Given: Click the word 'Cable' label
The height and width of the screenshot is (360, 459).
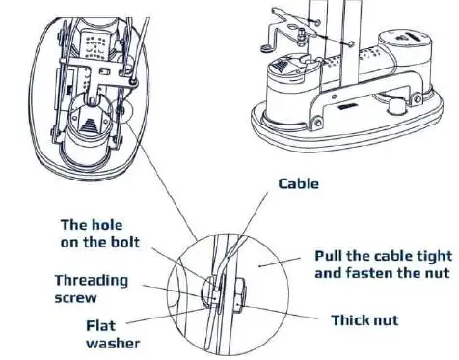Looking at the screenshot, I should tap(299, 182).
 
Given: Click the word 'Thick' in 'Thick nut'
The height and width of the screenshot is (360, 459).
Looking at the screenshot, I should tap(351, 318).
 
